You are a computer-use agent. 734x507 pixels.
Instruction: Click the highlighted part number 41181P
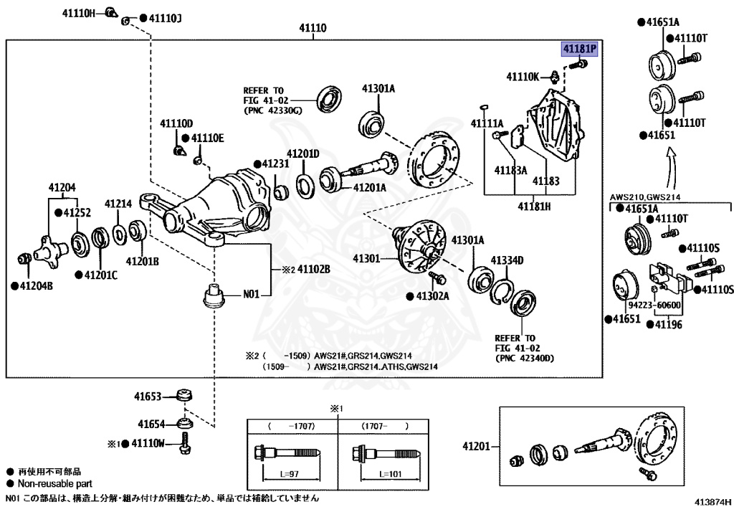pyautogui.click(x=579, y=49)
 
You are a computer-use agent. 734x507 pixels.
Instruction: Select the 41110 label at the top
pyautogui.click(x=313, y=29)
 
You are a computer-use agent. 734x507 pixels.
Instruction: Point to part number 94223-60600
pyautogui.click(x=656, y=305)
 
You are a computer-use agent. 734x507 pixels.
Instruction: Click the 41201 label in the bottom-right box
pyautogui.click(x=476, y=446)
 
